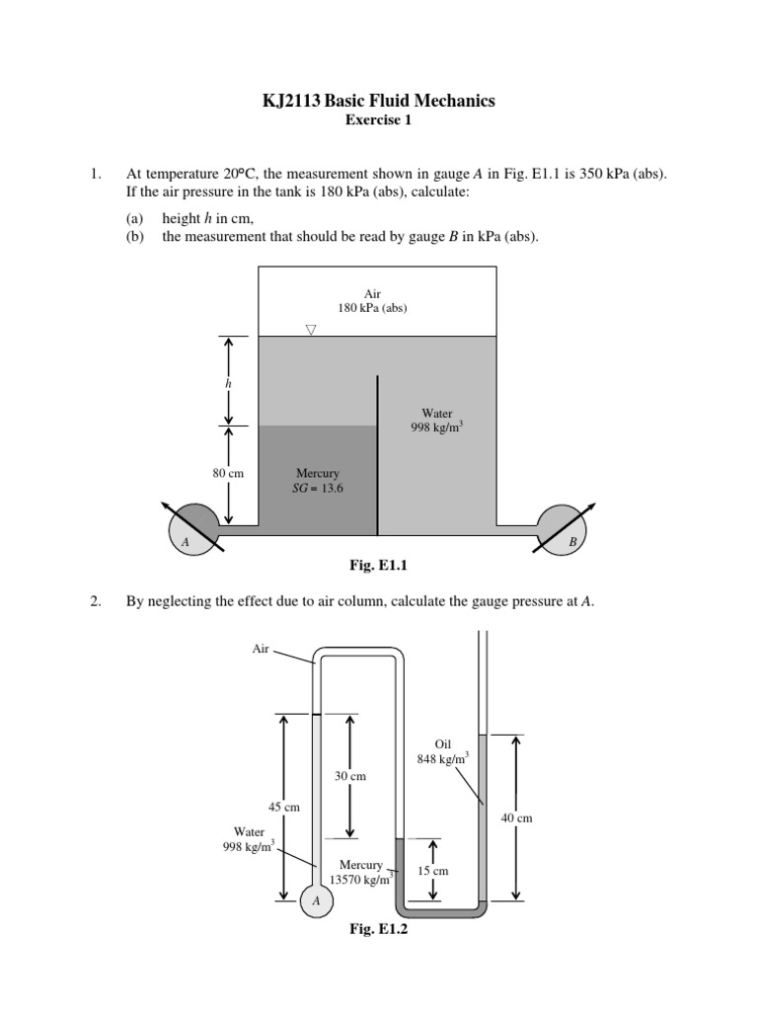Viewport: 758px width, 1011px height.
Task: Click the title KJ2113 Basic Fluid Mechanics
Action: click(378, 101)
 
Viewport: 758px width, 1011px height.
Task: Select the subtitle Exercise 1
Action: click(378, 121)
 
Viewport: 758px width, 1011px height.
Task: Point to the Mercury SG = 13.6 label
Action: click(318, 481)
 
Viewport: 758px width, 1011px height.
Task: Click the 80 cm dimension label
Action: click(228, 474)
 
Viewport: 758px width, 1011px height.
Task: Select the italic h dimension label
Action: click(229, 381)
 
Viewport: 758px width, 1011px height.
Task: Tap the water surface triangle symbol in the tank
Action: click(311, 330)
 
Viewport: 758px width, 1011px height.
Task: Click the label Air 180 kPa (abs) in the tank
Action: click(373, 300)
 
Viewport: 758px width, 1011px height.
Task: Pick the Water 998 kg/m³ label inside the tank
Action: click(436, 422)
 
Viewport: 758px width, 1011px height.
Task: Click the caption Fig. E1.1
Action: click(379, 566)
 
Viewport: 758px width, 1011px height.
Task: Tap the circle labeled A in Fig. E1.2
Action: click(316, 900)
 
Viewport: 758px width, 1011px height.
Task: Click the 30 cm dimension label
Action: click(350, 776)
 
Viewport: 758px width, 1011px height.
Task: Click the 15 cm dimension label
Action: click(434, 871)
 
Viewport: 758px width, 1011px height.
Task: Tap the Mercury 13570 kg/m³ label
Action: click(361, 872)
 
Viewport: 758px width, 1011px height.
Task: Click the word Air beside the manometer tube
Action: click(262, 649)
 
